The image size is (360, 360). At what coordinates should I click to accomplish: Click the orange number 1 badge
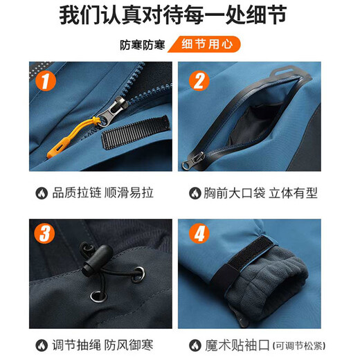click(x=45, y=82)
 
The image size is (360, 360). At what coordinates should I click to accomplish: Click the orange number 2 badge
click(x=199, y=82)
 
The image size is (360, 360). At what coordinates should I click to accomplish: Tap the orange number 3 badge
click(x=45, y=233)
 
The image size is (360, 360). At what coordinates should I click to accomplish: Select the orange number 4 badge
click(x=199, y=233)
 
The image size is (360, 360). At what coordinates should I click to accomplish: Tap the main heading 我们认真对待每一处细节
click(x=180, y=15)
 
